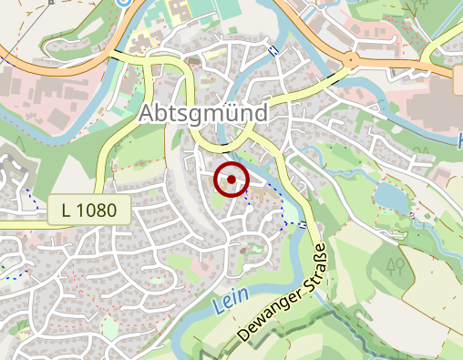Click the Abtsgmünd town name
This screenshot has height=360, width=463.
205,114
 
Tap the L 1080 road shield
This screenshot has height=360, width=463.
88,210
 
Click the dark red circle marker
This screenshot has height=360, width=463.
231,180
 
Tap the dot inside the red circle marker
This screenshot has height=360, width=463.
231,180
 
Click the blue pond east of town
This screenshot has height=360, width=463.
389,195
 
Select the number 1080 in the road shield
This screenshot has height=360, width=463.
97,210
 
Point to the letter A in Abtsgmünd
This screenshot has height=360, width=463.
149,115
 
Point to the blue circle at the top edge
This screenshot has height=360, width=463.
124,2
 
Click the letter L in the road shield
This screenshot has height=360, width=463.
67,210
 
